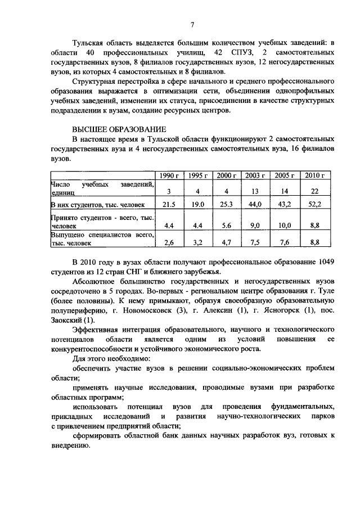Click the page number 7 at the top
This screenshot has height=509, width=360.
(192, 25)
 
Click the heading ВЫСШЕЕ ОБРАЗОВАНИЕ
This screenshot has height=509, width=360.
(115, 129)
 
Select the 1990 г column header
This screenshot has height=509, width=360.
(168, 175)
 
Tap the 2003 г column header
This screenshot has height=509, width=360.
(255, 175)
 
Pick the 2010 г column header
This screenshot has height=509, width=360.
(315, 175)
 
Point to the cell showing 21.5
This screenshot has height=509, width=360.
(169, 205)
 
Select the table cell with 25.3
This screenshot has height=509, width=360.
(227, 205)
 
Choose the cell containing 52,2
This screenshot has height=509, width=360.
(315, 205)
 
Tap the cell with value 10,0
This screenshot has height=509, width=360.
(285, 224)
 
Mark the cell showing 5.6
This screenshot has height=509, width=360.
(227, 224)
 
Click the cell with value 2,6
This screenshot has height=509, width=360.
(169, 243)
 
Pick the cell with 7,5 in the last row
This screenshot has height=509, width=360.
(255, 243)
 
